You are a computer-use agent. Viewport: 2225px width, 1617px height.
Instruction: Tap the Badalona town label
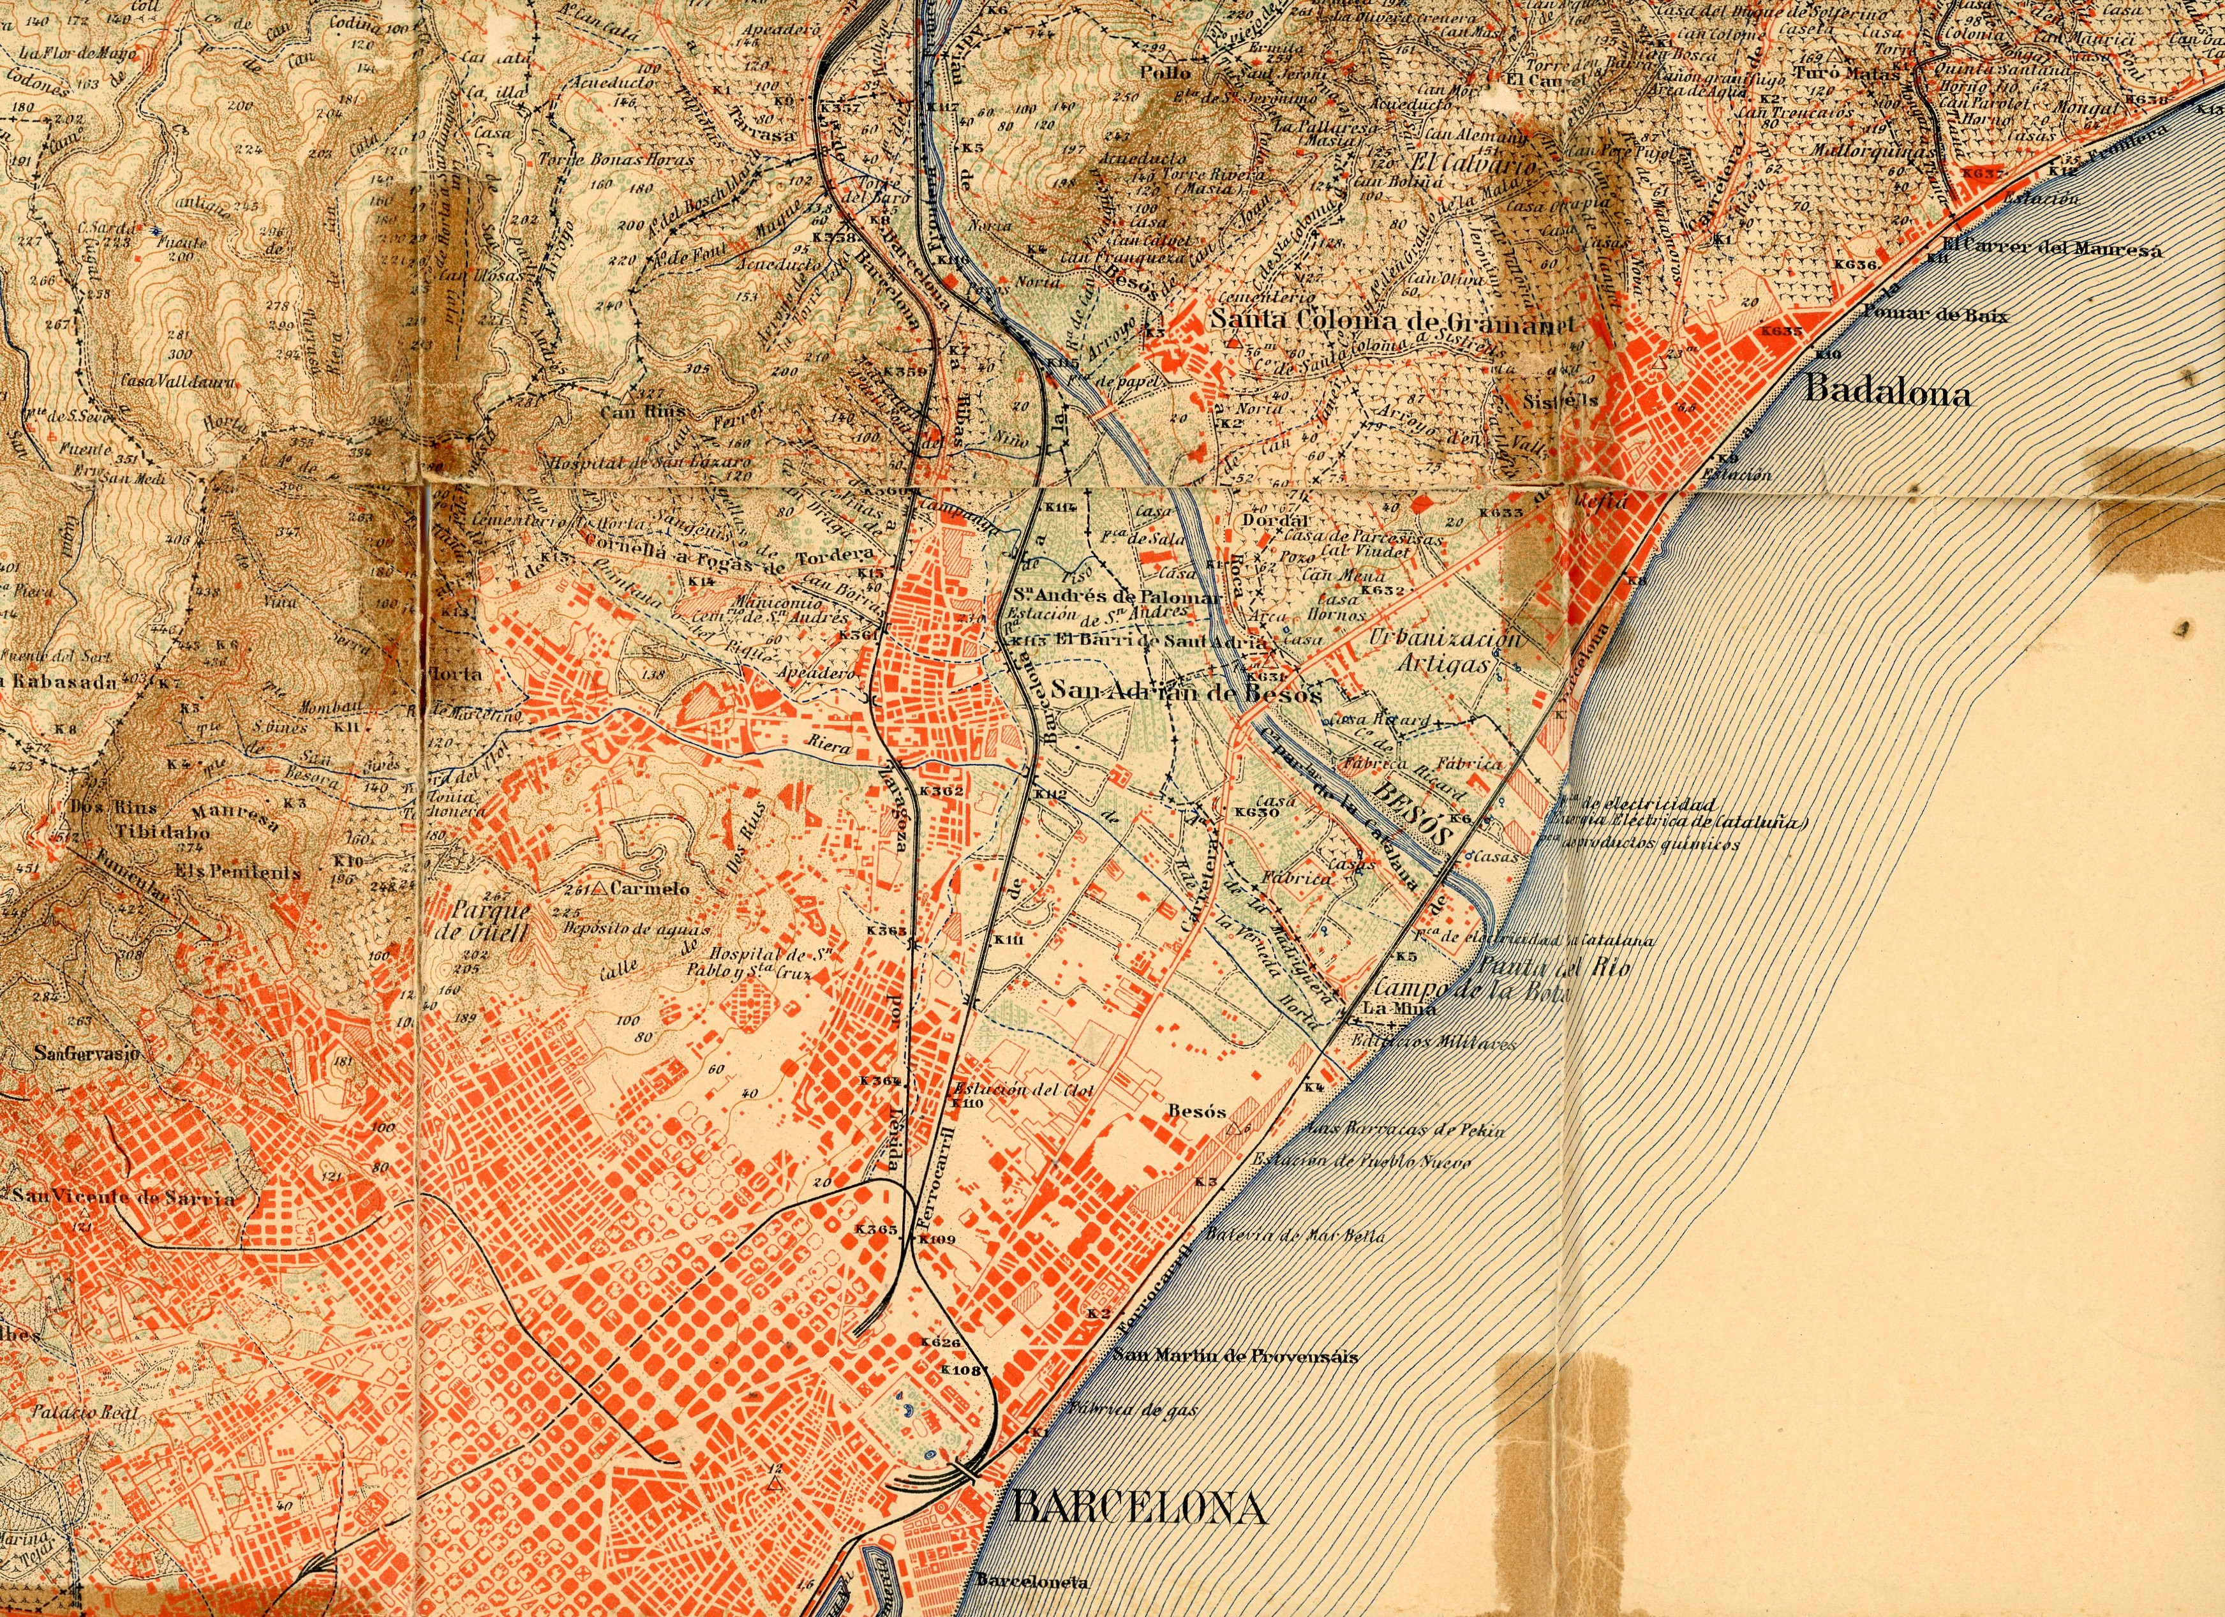pyautogui.click(x=1887, y=392)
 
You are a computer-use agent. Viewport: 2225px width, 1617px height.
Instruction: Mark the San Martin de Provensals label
pyautogui.click(x=1235, y=1356)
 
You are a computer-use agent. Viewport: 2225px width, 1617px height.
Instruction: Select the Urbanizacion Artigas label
pyautogui.click(x=1443, y=650)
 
